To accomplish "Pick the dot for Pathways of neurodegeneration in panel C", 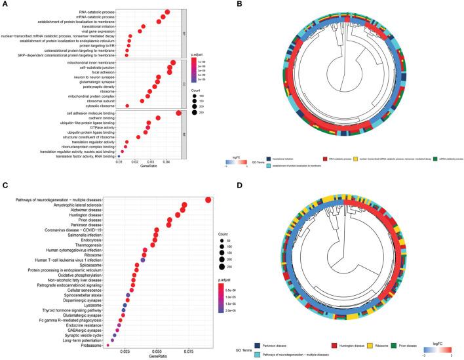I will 208,201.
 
